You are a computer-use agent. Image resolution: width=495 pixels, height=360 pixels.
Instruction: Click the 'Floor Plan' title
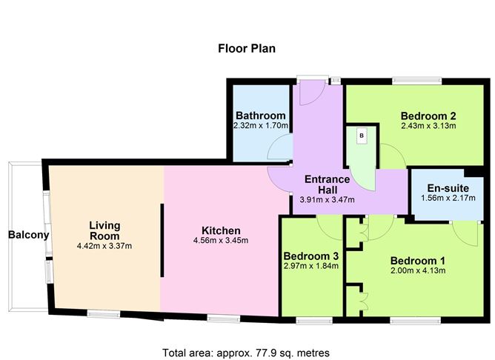pyautogui.click(x=247, y=49)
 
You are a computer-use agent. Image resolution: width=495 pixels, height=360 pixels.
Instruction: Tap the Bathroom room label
pyautogui.click(x=261, y=116)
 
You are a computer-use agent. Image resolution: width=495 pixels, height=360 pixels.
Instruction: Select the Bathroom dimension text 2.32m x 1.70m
pyautogui.click(x=261, y=126)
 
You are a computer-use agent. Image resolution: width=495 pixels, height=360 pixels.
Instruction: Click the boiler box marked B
pyautogui.click(x=362, y=136)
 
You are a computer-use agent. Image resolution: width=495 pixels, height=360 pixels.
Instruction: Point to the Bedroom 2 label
pyautogui.click(x=428, y=116)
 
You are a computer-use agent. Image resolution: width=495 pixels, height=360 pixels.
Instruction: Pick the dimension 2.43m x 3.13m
pyautogui.click(x=428, y=126)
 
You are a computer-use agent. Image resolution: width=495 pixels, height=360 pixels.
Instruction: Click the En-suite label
pyautogui.click(x=448, y=188)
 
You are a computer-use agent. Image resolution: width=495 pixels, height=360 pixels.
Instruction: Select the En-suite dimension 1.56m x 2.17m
pyautogui.click(x=448, y=198)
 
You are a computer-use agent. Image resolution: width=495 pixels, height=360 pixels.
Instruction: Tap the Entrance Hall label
pyautogui.click(x=328, y=184)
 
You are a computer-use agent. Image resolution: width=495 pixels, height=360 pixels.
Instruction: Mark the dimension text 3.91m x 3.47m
pyautogui.click(x=327, y=199)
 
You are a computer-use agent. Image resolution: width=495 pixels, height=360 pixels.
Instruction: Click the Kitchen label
pyautogui.click(x=221, y=230)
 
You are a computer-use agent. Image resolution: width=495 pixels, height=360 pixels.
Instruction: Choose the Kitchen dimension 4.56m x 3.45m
pyautogui.click(x=221, y=241)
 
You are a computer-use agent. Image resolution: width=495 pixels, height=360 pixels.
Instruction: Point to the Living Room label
pyautogui.click(x=104, y=230)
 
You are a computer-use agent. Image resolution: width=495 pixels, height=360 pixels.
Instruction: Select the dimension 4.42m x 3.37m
pyautogui.click(x=104, y=246)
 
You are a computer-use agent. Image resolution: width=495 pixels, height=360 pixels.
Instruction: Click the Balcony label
pyautogui.click(x=29, y=235)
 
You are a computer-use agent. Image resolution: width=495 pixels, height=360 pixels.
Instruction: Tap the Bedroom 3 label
pyautogui.click(x=311, y=256)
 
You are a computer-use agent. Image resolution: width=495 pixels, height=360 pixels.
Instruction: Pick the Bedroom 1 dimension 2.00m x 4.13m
pyautogui.click(x=418, y=270)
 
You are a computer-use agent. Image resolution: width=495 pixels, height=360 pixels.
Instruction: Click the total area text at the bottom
pyautogui.click(x=246, y=353)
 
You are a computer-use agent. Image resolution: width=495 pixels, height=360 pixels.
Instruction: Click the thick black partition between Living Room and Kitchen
pyautogui.click(x=162, y=241)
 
